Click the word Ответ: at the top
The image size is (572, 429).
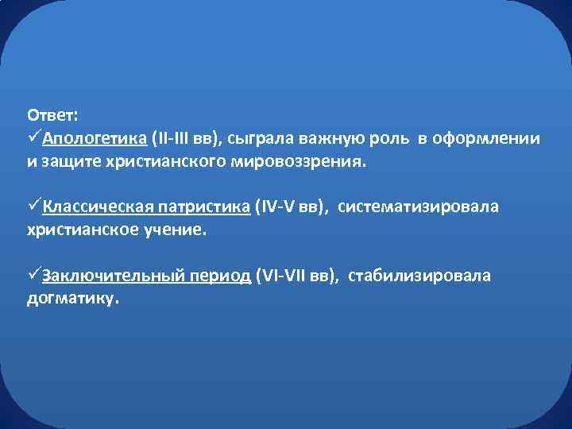coord(52,115)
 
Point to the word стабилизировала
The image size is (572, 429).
coord(419,276)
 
